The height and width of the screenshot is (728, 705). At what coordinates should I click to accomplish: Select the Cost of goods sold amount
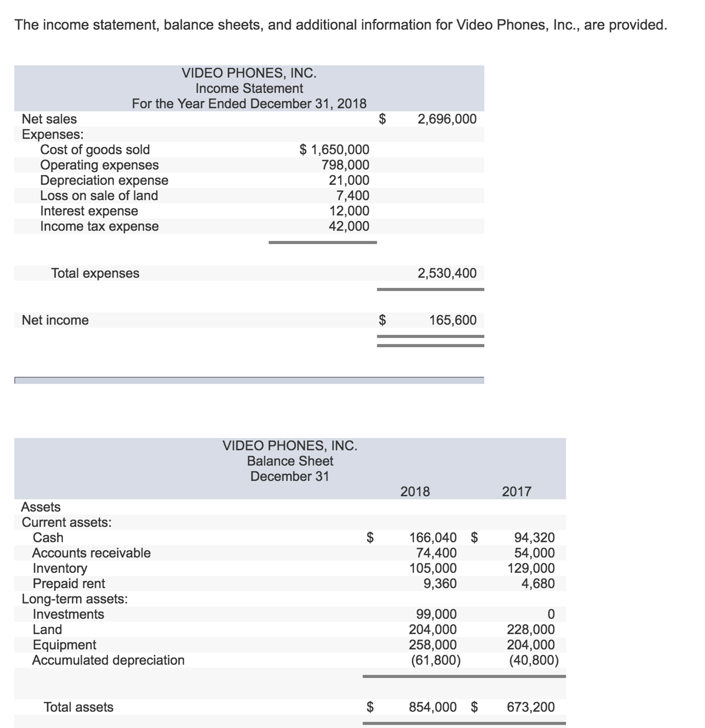coord(334,150)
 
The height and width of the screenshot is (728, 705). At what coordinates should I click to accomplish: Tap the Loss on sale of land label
coord(99,195)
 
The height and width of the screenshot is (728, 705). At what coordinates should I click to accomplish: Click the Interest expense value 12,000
coord(349,211)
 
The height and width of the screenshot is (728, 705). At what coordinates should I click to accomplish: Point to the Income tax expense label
coord(99,226)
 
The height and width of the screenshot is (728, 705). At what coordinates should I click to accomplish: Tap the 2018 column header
coord(415,491)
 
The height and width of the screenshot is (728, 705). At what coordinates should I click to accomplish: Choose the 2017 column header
coord(516,491)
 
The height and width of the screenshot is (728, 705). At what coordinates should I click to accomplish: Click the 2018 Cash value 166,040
coord(433,537)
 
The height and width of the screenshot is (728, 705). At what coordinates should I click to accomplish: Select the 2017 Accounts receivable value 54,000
coord(534,553)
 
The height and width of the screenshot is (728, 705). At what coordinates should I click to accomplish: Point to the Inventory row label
coord(60,568)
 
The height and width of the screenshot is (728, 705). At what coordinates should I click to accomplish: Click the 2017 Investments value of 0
coord(551,614)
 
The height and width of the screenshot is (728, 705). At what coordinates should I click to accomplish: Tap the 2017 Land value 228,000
coord(530,629)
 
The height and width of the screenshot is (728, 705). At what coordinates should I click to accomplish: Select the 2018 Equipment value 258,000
coord(433,645)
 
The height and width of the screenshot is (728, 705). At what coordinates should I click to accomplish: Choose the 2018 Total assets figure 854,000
coord(433,707)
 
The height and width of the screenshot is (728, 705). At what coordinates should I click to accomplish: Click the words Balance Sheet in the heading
coord(290,461)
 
